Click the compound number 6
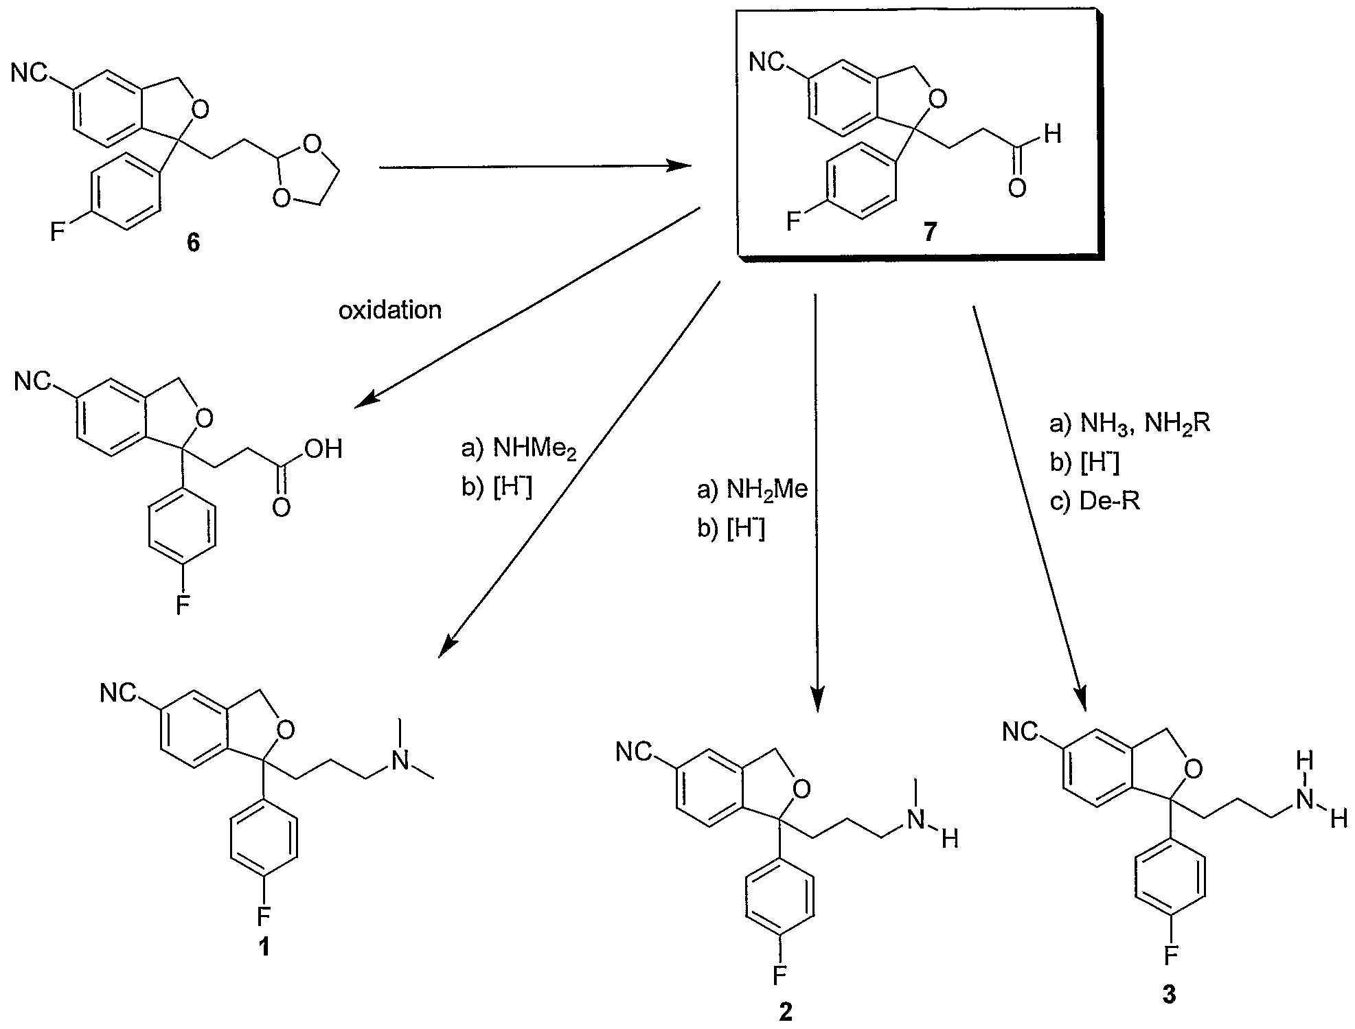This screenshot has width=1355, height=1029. point(194,244)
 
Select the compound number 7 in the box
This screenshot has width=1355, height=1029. point(930,233)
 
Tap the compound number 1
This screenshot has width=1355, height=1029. point(264,947)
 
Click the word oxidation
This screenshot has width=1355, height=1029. point(390,310)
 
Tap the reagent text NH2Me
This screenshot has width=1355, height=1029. point(768,490)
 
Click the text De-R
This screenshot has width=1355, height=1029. point(1109,502)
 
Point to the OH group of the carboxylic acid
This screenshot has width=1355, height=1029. point(323,449)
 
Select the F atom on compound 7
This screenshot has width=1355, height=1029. point(793,222)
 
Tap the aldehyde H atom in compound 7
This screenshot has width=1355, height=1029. point(1051,135)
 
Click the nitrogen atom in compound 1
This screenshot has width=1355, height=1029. point(403,759)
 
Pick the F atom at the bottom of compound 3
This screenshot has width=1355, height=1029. point(1170,953)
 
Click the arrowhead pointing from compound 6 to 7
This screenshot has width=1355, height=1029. point(680,166)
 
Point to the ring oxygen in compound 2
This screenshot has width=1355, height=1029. point(800,789)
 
